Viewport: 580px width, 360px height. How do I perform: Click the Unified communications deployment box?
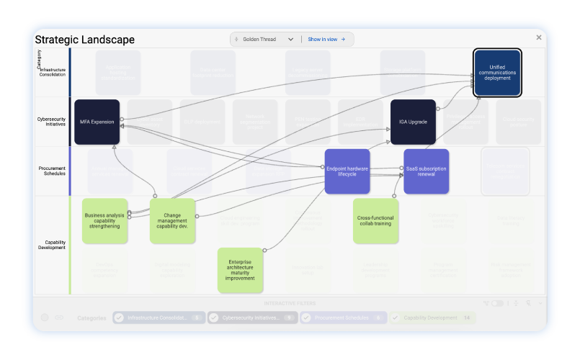click(x=497, y=72)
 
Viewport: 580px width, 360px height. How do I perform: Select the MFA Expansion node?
click(x=97, y=122)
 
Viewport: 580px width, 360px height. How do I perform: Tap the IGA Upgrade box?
click(x=413, y=122)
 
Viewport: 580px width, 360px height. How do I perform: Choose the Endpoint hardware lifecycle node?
click(x=347, y=171)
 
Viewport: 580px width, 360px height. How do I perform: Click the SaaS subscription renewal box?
click(x=426, y=171)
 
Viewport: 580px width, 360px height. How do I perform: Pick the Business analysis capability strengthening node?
click(x=104, y=221)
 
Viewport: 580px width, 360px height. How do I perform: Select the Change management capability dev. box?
click(x=172, y=221)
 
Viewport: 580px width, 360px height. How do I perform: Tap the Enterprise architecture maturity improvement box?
click(x=240, y=270)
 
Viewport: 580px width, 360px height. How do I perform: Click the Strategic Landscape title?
click(x=84, y=40)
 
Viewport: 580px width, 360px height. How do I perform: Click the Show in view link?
click(x=326, y=40)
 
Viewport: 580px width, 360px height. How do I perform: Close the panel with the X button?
click(x=539, y=37)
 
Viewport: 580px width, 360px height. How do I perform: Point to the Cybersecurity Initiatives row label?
click(x=52, y=122)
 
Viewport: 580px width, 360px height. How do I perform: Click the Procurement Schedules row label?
click(x=52, y=171)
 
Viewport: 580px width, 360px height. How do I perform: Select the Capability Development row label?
click(x=52, y=245)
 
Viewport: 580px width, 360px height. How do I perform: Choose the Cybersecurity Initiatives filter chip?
click(x=252, y=318)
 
